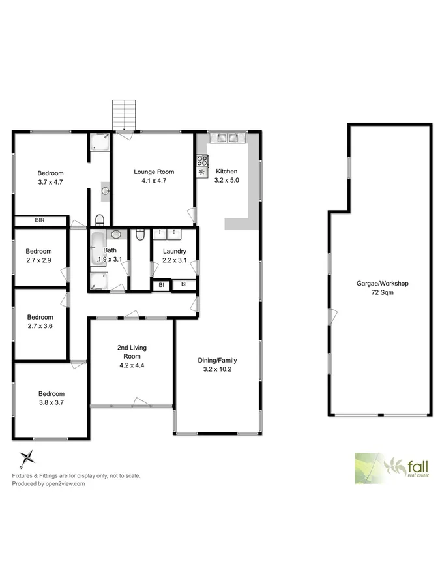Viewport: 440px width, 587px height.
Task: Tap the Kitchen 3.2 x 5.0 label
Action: click(x=218, y=175)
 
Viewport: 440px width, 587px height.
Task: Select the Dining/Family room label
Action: click(x=217, y=365)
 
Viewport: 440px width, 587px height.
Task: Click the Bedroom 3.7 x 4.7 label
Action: click(x=50, y=177)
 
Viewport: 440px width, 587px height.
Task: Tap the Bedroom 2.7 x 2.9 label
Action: click(x=39, y=256)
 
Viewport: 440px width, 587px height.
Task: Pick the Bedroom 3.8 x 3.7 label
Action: click(x=51, y=398)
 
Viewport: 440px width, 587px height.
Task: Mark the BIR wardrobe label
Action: click(x=40, y=221)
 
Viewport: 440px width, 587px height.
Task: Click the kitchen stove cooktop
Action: click(x=201, y=160)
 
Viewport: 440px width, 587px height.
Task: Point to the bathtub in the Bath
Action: click(x=98, y=248)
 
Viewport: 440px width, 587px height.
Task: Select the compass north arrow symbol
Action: click(x=25, y=457)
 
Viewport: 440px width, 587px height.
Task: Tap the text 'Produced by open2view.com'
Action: click(x=49, y=484)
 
